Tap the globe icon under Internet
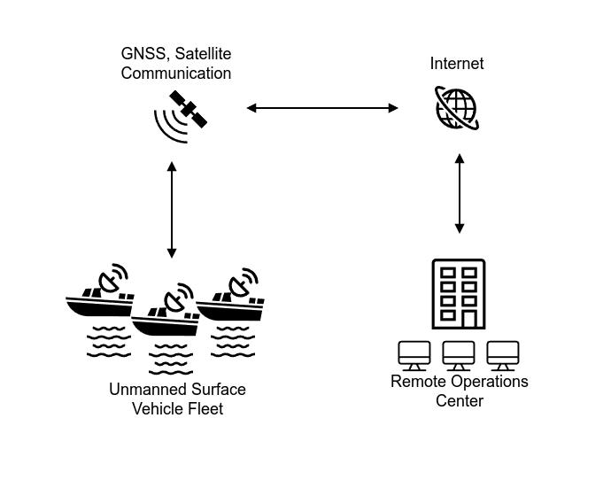[457, 108]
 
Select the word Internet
[457, 64]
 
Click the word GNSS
[143, 54]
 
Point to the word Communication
[176, 74]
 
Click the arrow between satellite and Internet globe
[322, 108]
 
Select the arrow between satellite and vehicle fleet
[172, 210]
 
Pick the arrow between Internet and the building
[460, 193]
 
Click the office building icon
[459, 294]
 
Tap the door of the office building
[469, 319]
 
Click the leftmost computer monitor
[414, 356]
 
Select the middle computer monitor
[459, 356]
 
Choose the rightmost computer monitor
[503, 356]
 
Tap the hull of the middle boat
[166, 327]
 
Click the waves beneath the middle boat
[171, 360]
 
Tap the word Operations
[490, 381]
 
